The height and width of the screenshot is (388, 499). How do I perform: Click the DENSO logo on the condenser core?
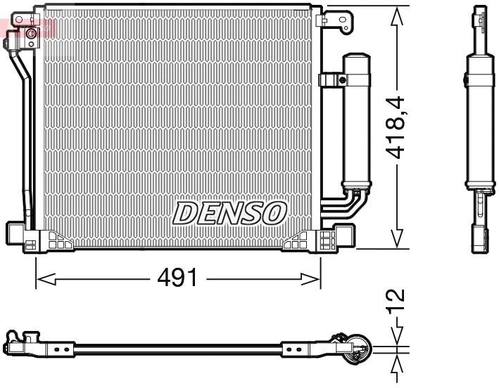click(229, 212)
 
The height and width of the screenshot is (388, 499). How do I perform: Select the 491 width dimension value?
click(177, 278)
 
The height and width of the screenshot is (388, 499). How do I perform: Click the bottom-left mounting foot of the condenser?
click(21, 235)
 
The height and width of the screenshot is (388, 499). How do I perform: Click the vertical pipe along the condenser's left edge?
click(27, 141)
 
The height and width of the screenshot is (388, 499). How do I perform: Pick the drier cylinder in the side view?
click(478, 119)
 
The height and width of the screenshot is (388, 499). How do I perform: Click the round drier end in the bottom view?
click(355, 347)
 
